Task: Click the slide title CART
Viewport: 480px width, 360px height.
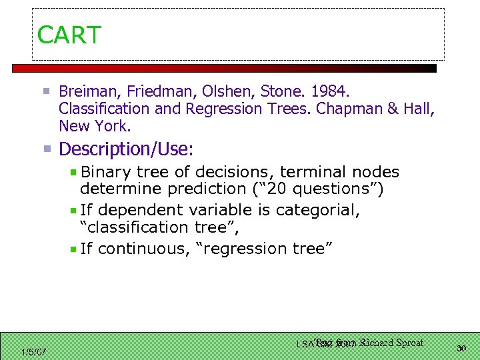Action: click(69, 35)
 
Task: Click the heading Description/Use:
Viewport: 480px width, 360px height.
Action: click(127, 148)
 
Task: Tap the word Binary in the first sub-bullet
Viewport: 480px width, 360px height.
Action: click(106, 173)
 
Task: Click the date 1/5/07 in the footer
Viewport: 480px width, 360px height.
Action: click(33, 351)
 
